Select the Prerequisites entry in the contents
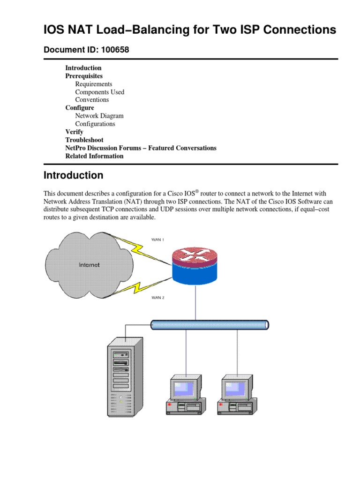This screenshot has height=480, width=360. [84, 76]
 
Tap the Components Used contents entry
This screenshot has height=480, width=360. [99, 92]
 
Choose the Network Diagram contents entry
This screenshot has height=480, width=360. [99, 116]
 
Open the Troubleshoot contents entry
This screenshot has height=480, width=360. [84, 140]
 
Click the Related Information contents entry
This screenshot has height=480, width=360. [94, 156]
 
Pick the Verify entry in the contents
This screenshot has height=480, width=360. [74, 132]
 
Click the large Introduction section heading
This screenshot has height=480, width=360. [73, 176]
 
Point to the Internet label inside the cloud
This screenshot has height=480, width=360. [89, 265]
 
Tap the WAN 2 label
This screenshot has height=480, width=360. [157, 297]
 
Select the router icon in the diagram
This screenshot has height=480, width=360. [195, 266]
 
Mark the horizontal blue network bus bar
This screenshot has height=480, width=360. [210, 324]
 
